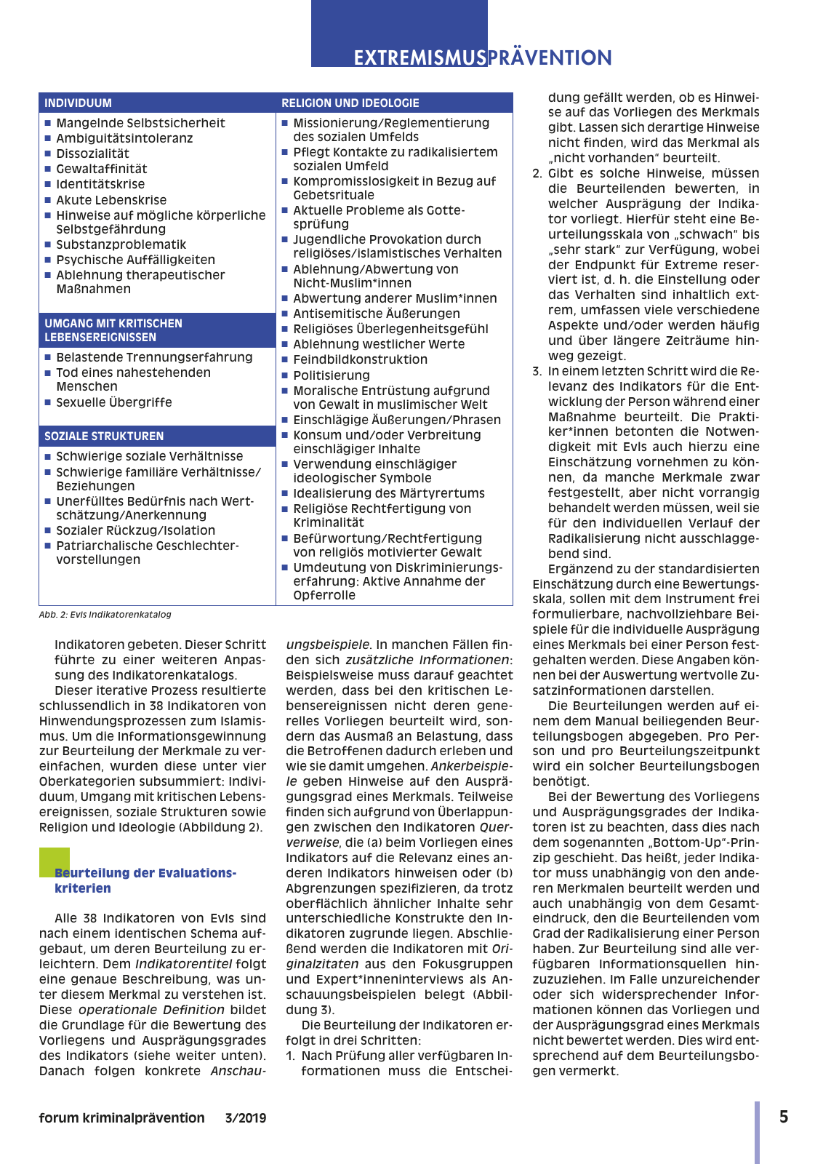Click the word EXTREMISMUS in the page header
coord(419,57)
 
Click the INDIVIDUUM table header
coord(78,103)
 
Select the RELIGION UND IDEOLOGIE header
coord(350,103)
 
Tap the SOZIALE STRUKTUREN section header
coord(104,436)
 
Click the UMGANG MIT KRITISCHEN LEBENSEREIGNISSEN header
coord(113,330)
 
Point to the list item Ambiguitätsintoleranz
coord(124,138)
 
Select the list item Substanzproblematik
coord(121,244)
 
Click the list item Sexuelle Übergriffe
coord(114,402)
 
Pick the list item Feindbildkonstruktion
coord(360,359)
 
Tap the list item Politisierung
coord(331,375)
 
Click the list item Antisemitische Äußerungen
coord(376,314)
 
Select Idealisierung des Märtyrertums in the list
coord(388,493)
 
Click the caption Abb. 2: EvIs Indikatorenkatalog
coord(105,615)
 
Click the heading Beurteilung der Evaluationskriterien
coord(145,880)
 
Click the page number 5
coord(783,1117)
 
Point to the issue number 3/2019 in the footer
coord(245,1118)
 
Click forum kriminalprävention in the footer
coord(121,1118)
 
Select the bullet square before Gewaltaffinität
coord(48,169)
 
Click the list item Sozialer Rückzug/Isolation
coord(135,530)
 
